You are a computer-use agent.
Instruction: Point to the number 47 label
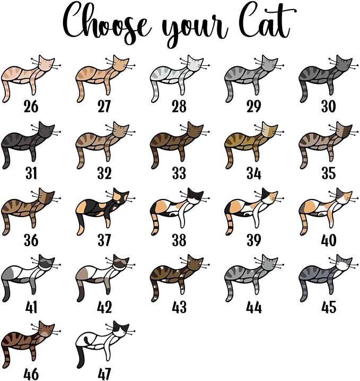click(104, 374)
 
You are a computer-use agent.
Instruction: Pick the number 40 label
click(329, 240)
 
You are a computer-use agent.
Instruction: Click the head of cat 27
click(121, 64)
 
